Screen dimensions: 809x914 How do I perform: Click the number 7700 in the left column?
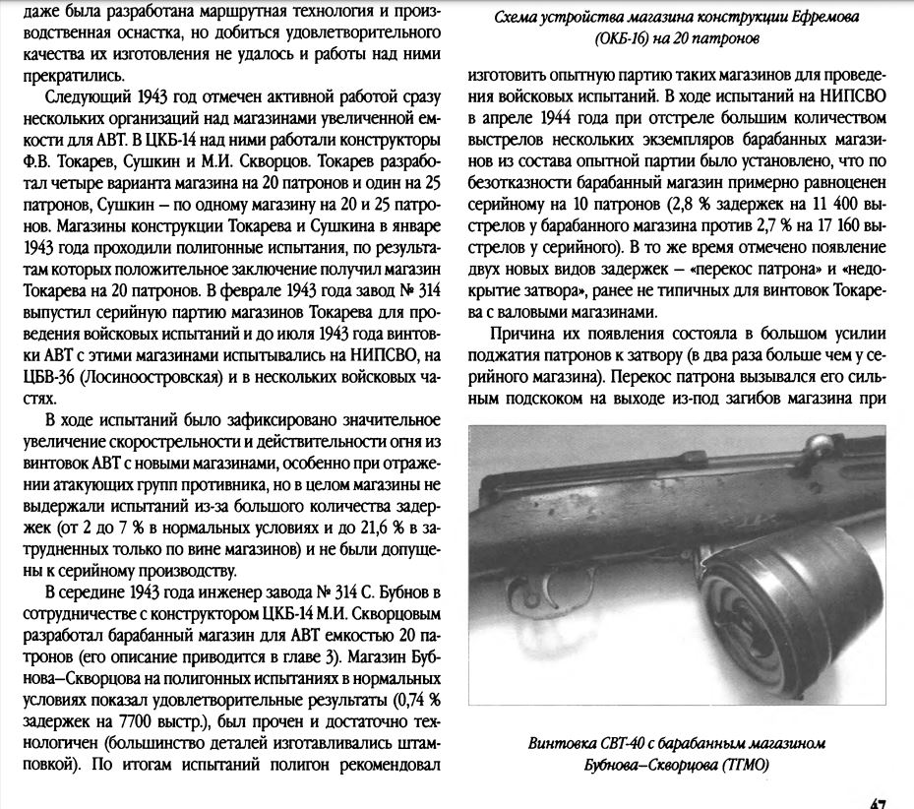pos(156,721)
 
